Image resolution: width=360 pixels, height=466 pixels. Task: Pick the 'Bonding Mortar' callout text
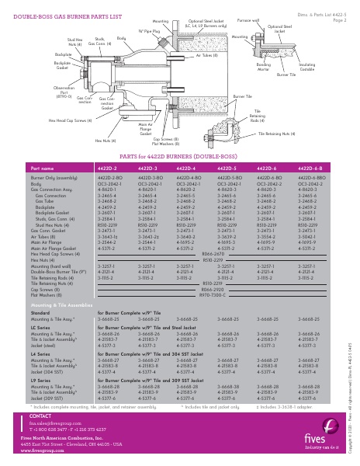coord(265,68)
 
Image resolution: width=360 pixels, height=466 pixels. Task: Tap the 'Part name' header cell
coord(43,167)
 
